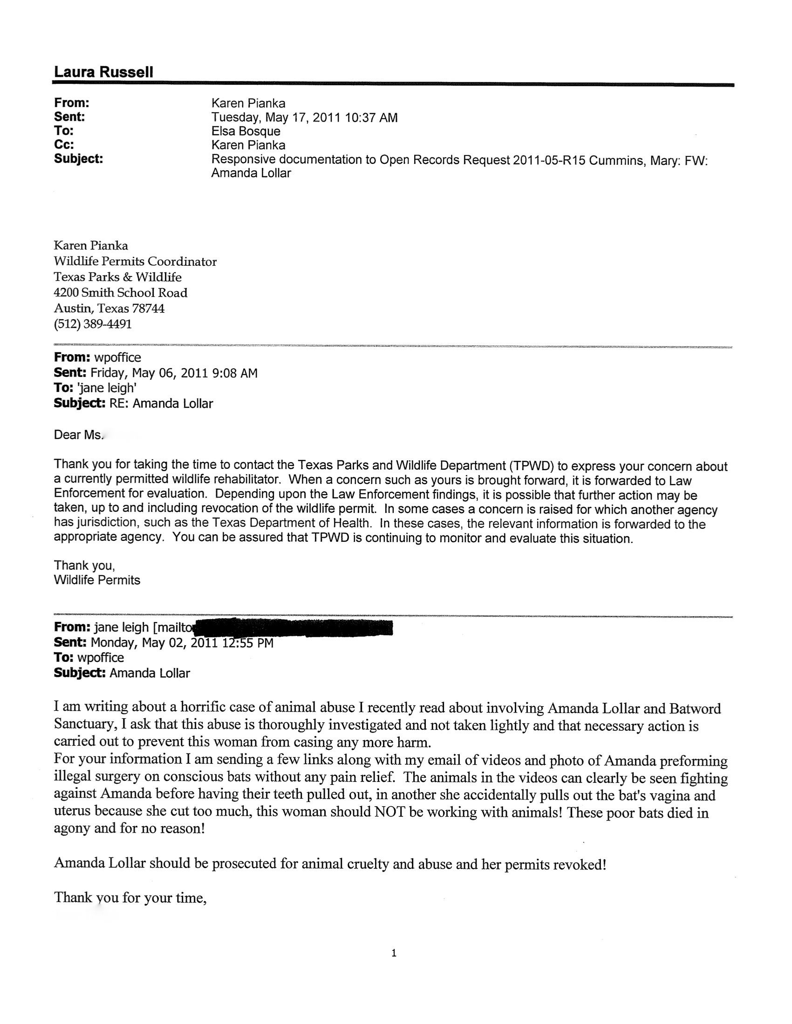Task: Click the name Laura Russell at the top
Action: [103, 72]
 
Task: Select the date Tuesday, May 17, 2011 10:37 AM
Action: [304, 117]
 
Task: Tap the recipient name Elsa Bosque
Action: [246, 131]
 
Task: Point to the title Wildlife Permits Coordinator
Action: [135, 261]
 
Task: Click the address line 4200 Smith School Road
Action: [121, 293]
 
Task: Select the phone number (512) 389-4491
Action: [93, 324]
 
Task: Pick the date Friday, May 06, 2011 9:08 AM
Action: [174, 373]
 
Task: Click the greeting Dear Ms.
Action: [77, 435]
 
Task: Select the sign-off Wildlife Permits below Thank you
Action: [97, 580]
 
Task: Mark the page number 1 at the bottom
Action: [394, 952]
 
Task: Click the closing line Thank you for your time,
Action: [130, 897]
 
